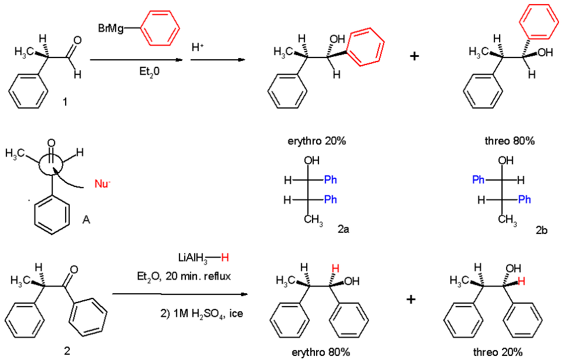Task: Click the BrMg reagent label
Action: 111,28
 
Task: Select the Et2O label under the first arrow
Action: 150,72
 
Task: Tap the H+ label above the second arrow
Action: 198,47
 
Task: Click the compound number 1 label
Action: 65,102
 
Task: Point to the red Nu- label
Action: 102,184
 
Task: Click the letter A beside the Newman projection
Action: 86,219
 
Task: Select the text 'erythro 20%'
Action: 317,141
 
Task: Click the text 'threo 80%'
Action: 510,141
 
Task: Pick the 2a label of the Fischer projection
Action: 344,229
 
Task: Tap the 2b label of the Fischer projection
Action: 541,230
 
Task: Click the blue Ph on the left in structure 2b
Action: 479,179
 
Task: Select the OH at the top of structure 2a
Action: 311,160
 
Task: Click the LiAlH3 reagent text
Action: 193,258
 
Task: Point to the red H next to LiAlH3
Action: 225,257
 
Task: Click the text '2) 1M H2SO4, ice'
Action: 201,314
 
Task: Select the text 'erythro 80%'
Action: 321,352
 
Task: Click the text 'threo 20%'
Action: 498,352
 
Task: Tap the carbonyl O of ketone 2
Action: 74,270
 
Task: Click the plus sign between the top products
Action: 415,56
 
